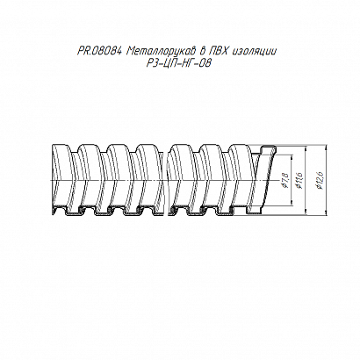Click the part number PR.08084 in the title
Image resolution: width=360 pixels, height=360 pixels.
(x=99, y=52)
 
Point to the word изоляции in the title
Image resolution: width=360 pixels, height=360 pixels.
(x=254, y=52)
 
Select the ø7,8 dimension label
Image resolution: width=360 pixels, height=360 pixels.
(x=285, y=180)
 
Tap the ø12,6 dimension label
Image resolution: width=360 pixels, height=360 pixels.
(x=320, y=180)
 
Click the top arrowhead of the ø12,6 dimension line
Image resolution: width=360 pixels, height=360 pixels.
(x=326, y=148)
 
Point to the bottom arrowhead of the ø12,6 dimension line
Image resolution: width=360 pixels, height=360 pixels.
(x=326, y=213)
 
